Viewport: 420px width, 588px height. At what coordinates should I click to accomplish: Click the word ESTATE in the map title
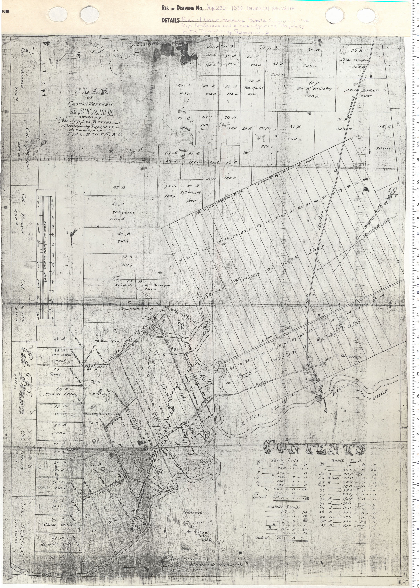point(92,112)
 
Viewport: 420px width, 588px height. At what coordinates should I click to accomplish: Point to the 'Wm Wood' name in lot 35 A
point(254,88)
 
